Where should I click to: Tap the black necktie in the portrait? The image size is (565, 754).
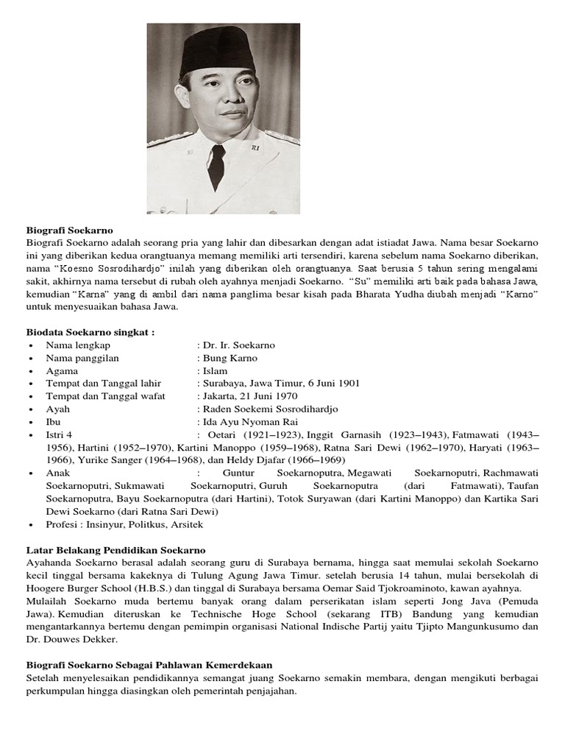point(216,165)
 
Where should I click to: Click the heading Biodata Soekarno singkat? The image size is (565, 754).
point(90,332)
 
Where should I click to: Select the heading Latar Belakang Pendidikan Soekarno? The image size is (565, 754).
point(116,550)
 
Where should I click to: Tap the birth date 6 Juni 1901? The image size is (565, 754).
point(328,384)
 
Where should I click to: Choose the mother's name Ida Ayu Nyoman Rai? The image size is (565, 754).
point(242,422)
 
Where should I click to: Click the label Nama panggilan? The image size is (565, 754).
point(82,358)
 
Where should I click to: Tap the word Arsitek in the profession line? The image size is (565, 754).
point(185,524)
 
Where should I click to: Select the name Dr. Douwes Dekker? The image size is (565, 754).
point(71,639)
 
